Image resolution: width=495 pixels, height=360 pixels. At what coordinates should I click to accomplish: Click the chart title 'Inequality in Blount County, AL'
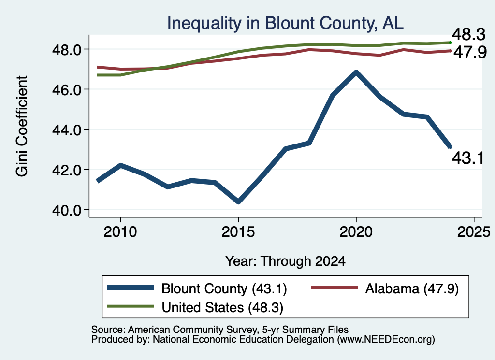click(x=285, y=23)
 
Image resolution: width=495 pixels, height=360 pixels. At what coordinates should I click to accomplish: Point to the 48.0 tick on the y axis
click(x=67, y=50)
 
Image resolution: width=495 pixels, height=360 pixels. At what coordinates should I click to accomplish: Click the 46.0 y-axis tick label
click(x=67, y=89)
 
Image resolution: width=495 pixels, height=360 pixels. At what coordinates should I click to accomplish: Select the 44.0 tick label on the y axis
click(x=67, y=130)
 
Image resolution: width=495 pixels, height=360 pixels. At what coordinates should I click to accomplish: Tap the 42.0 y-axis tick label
click(x=67, y=170)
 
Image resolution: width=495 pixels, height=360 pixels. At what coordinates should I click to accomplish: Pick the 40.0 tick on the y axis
click(x=67, y=210)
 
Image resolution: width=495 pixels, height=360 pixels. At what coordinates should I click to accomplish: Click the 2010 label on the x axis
click(x=120, y=232)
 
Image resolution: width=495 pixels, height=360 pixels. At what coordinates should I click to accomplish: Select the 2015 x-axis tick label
click(x=238, y=232)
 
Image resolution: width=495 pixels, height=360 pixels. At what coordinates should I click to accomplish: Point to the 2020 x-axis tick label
click(x=356, y=232)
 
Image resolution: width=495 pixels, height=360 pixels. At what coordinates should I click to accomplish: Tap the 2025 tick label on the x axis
click(x=474, y=232)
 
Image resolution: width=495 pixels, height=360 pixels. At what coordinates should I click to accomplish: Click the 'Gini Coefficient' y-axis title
click(x=22, y=126)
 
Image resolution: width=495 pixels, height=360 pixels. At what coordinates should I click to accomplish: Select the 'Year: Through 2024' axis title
click(x=285, y=261)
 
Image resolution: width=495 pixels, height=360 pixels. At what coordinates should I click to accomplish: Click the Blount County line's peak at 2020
click(x=356, y=72)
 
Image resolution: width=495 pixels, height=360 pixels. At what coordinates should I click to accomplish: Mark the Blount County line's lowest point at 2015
click(x=238, y=202)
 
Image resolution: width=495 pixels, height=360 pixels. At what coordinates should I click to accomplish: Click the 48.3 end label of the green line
click(x=468, y=34)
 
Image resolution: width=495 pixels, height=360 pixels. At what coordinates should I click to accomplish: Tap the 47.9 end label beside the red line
click(x=470, y=52)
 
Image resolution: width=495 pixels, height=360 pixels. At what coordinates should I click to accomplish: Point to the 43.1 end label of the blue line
click(x=468, y=158)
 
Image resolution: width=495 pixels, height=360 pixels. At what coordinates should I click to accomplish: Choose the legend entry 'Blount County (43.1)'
click(x=197, y=288)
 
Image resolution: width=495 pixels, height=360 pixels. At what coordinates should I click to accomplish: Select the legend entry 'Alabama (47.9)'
click(x=385, y=288)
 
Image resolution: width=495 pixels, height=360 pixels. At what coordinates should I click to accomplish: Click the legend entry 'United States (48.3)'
click(x=195, y=307)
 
